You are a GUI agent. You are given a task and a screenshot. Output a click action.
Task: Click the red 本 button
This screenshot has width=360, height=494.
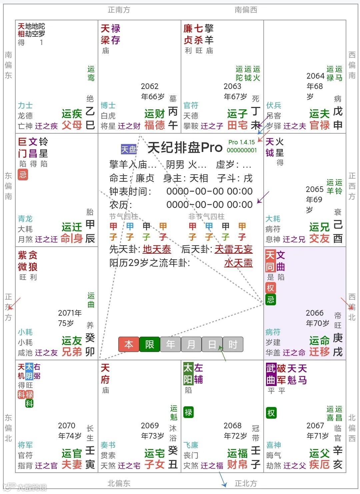click(x=129, y=344)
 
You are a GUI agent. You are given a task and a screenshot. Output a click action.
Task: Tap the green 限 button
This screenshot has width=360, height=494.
click(x=150, y=344)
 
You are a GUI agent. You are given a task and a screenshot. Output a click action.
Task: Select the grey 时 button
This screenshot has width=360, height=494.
click(x=233, y=344)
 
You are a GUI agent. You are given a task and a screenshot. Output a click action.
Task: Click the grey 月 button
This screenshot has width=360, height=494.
click(x=191, y=344)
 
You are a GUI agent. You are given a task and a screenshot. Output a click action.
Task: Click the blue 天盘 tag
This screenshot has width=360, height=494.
click(x=129, y=149)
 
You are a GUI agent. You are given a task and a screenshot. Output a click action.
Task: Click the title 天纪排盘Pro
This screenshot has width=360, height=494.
click(x=185, y=147)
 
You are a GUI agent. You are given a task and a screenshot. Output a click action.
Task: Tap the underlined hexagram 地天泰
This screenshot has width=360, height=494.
click(x=157, y=249)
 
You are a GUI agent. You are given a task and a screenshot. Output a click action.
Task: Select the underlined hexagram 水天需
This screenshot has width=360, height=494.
click(x=238, y=263)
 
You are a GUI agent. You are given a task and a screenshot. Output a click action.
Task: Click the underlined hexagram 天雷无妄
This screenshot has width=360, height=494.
click(x=233, y=249)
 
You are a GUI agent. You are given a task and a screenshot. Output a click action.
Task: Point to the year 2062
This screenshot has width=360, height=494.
click(x=150, y=86)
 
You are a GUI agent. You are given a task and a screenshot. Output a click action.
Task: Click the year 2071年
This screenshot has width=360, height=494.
click(x=70, y=313)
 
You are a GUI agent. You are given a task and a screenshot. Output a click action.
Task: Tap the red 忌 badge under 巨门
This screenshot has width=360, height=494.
click(x=23, y=174)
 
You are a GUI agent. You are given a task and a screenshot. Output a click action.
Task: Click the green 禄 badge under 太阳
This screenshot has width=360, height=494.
click(x=188, y=412)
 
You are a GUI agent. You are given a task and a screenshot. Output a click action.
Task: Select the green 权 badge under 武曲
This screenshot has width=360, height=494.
click(x=271, y=413)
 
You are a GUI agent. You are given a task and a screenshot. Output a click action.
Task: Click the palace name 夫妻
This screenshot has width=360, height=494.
click(x=72, y=464)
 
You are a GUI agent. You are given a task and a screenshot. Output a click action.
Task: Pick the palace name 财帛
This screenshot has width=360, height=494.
click(x=237, y=464)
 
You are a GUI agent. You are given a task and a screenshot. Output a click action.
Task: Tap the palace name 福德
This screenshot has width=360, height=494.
click(x=155, y=125)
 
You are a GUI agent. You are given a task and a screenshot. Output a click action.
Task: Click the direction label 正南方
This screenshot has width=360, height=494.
click(x=119, y=10)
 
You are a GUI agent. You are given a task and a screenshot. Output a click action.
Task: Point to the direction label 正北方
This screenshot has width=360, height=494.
click(x=246, y=483)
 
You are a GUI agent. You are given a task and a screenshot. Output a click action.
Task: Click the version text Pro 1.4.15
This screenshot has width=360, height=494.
click(x=241, y=142)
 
